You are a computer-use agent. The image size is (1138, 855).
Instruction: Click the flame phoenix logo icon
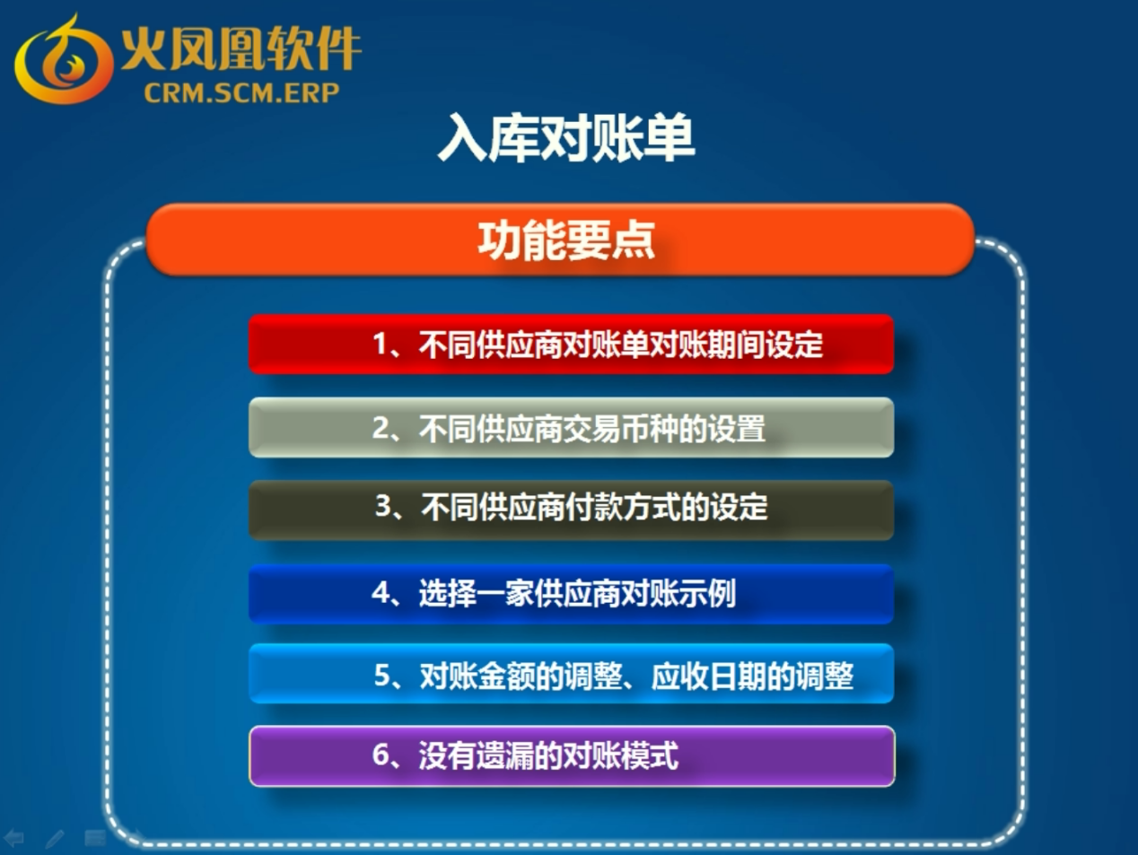(x=64, y=58)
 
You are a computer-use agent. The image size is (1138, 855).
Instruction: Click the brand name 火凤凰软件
(x=241, y=48)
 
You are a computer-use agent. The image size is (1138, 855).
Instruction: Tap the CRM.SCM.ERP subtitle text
(x=241, y=93)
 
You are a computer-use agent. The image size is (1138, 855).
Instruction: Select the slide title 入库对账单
(x=566, y=138)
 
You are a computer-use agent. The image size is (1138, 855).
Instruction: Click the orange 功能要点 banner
(x=560, y=240)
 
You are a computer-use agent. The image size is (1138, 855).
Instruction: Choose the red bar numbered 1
(x=571, y=345)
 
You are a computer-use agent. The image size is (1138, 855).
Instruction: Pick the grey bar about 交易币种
(x=571, y=427)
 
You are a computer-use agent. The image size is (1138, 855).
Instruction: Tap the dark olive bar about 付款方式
(x=571, y=510)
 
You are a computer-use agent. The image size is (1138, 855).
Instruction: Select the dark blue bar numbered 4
(x=571, y=594)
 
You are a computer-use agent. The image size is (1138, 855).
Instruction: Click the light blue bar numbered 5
(x=571, y=674)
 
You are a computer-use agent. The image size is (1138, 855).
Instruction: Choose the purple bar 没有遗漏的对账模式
(x=572, y=756)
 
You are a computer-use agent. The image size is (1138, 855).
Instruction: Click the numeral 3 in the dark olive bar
(x=382, y=506)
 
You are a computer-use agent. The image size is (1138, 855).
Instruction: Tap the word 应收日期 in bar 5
(x=708, y=676)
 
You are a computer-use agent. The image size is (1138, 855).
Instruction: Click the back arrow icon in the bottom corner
(x=14, y=837)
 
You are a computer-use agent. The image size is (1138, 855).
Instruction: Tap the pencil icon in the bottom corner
(x=55, y=838)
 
